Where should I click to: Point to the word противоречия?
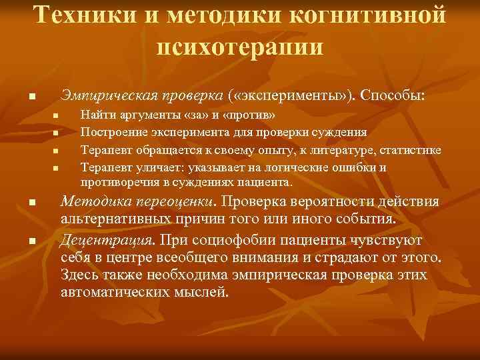pyautogui.click(x=115, y=181)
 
